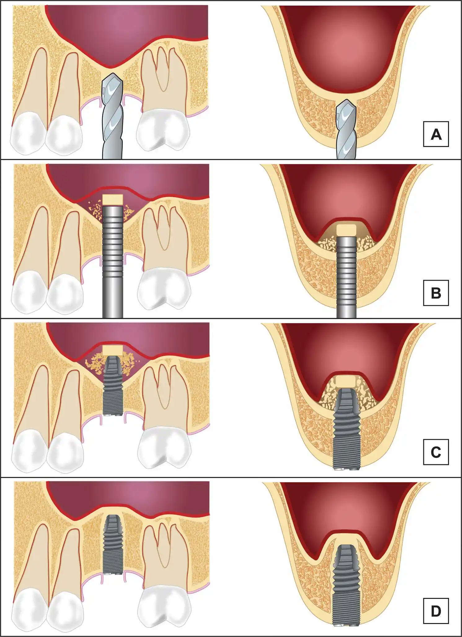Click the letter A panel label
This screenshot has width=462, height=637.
click(436, 134)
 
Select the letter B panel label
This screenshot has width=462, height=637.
click(436, 293)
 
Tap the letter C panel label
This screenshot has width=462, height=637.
click(436, 452)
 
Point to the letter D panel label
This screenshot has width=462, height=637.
click(436, 611)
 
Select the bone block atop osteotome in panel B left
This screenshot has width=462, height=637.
click(113, 199)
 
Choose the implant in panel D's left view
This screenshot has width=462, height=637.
click(113, 545)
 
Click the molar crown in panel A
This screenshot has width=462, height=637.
click(163, 130)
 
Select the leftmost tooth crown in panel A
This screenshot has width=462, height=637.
click(28, 133)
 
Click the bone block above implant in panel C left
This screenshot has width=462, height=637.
click(113, 350)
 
